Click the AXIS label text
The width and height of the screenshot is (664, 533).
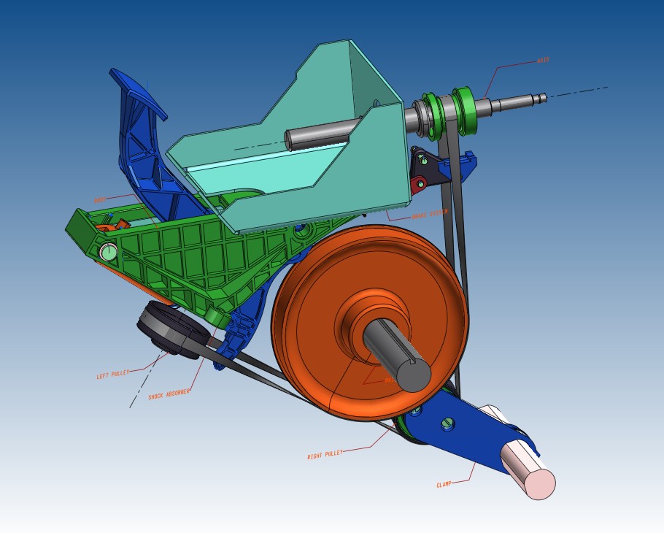tap(543, 61)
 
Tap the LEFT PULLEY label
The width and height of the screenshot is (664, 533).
tap(112, 375)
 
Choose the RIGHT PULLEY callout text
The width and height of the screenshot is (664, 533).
tap(325, 455)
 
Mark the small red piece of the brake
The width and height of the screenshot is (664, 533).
tap(419, 185)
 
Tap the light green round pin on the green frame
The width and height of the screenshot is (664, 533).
tap(109, 253)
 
